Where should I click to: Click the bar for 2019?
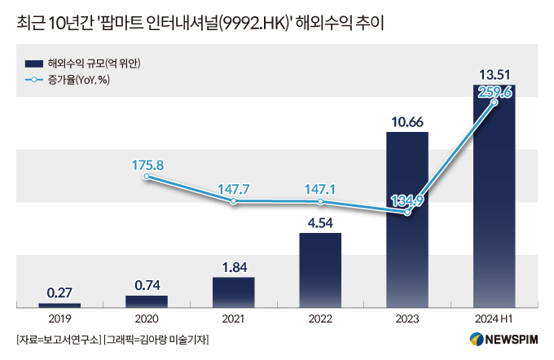59,305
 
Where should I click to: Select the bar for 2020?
147,301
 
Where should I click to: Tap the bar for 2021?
233,292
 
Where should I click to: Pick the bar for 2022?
320,270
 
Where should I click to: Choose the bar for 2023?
407,220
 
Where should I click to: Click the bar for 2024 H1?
494,195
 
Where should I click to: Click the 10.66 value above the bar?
407,122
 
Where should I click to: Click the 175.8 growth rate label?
147,165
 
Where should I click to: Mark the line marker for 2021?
234,200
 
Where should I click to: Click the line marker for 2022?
320,201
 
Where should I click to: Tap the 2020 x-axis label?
147,318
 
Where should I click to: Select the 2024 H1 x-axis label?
494,318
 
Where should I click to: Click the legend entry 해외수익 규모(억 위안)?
90,63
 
